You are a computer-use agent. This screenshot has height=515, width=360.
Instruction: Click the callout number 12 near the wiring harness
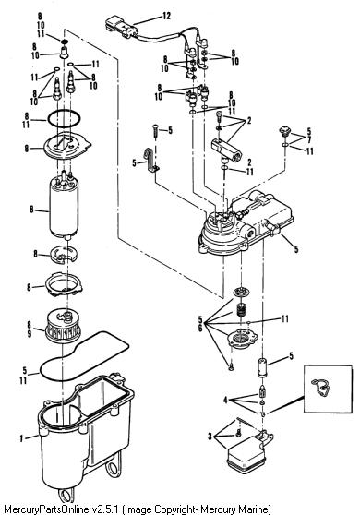(166, 16)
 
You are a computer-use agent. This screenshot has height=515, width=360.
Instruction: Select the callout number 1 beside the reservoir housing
(21, 438)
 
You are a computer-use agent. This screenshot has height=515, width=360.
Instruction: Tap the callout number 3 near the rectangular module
(210, 437)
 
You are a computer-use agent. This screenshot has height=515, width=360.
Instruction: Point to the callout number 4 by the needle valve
(225, 401)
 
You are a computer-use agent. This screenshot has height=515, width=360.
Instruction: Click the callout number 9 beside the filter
(29, 334)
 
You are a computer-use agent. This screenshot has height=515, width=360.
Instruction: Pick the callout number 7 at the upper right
(308, 140)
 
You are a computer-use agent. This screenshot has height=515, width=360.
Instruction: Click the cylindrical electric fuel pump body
(64, 208)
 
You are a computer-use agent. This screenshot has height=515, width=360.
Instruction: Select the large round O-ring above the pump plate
(64, 119)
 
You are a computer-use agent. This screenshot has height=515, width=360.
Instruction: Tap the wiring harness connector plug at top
(121, 27)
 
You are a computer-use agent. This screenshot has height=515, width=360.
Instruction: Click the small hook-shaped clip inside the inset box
(321, 387)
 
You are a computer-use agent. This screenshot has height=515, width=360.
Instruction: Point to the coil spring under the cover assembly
(242, 309)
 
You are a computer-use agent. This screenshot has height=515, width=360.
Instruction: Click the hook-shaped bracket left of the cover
(151, 160)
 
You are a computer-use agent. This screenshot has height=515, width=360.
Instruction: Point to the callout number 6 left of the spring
(199, 328)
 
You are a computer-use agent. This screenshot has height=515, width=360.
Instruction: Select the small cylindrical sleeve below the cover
(262, 368)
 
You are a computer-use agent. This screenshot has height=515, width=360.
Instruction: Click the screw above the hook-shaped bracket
(156, 131)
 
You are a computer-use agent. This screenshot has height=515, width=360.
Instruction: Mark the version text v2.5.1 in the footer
(104, 509)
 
